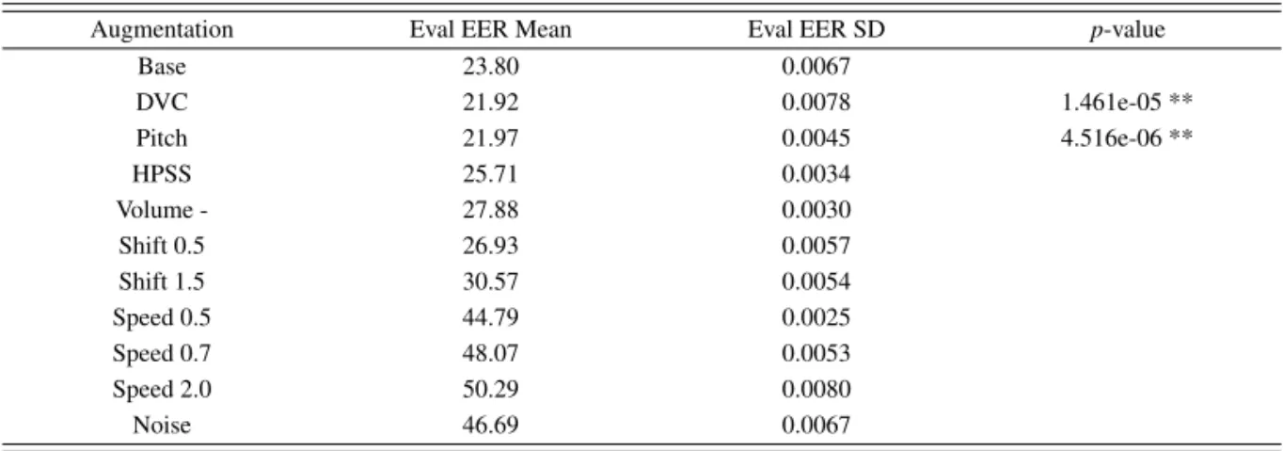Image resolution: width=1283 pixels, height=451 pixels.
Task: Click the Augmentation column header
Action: click(x=162, y=30)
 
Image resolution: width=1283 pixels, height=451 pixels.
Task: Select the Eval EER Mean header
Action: click(x=490, y=30)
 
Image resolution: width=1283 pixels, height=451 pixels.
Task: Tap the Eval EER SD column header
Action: click(x=816, y=30)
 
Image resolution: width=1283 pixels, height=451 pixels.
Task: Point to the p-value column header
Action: click(x=1127, y=30)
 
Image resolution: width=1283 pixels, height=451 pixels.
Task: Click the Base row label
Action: click(x=162, y=67)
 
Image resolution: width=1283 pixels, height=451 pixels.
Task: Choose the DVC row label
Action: click(x=162, y=103)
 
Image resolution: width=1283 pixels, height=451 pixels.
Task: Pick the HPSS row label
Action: click(x=162, y=174)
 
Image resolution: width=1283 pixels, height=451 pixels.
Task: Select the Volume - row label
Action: click(x=162, y=210)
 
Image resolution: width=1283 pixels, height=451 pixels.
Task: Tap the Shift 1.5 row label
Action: click(x=162, y=282)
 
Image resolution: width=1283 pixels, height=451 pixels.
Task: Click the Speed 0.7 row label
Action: click(x=162, y=354)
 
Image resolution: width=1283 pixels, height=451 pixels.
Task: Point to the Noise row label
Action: click(x=162, y=426)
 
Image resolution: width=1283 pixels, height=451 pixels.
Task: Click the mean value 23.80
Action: click(x=490, y=67)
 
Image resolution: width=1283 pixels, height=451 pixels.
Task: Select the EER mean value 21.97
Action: click(x=490, y=138)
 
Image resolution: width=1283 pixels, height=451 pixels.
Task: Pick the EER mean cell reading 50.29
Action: click(x=490, y=390)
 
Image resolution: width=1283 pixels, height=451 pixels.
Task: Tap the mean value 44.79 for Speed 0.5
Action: click(x=490, y=318)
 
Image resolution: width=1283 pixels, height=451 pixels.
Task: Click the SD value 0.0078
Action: click(x=816, y=103)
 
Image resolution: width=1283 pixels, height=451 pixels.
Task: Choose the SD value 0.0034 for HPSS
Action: click(x=816, y=174)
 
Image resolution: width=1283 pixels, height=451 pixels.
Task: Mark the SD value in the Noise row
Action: click(x=816, y=426)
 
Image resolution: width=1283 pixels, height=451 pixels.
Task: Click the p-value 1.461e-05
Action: click(x=1111, y=103)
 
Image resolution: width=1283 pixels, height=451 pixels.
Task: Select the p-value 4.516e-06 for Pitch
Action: click(x=1111, y=138)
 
